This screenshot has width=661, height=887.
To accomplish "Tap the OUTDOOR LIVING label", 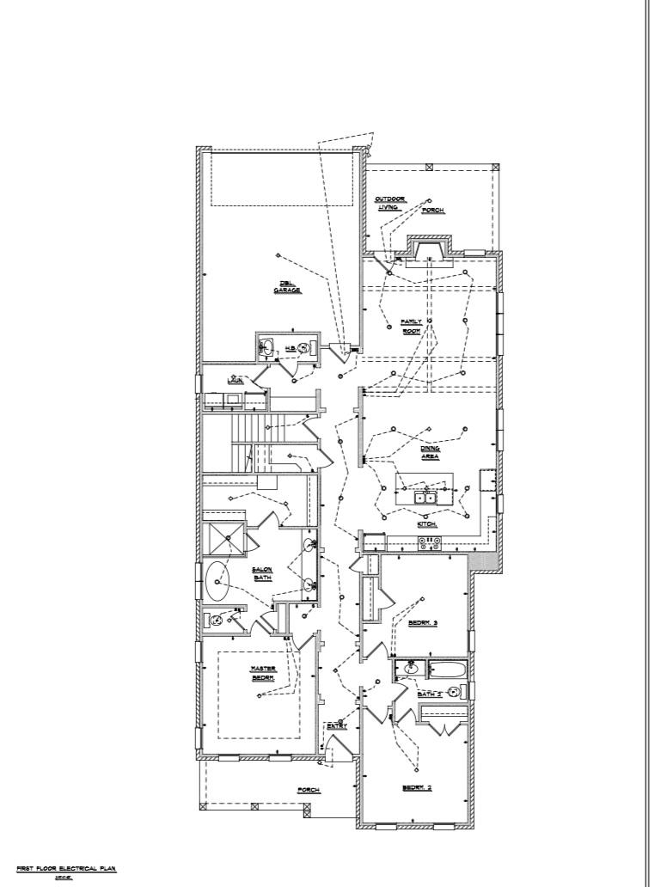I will (389, 204).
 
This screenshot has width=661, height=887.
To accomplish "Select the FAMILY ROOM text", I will (411, 326).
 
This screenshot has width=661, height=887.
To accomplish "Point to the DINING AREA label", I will (430, 453).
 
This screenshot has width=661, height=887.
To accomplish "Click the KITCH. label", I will (427, 523).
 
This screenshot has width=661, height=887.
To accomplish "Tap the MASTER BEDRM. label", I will (262, 673).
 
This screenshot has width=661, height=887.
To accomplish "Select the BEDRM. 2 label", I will (417, 788).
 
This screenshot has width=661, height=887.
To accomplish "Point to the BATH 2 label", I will (430, 694).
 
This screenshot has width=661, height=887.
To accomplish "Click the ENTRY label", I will (336, 726).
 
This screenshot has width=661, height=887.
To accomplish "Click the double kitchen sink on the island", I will (425, 497).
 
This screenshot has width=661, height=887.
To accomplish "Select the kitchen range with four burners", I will (429, 542).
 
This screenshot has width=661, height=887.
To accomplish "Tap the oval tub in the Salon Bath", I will (217, 582).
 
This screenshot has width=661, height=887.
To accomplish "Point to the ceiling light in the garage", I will (278, 254).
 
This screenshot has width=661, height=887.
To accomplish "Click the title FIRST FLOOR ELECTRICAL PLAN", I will (65, 869).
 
